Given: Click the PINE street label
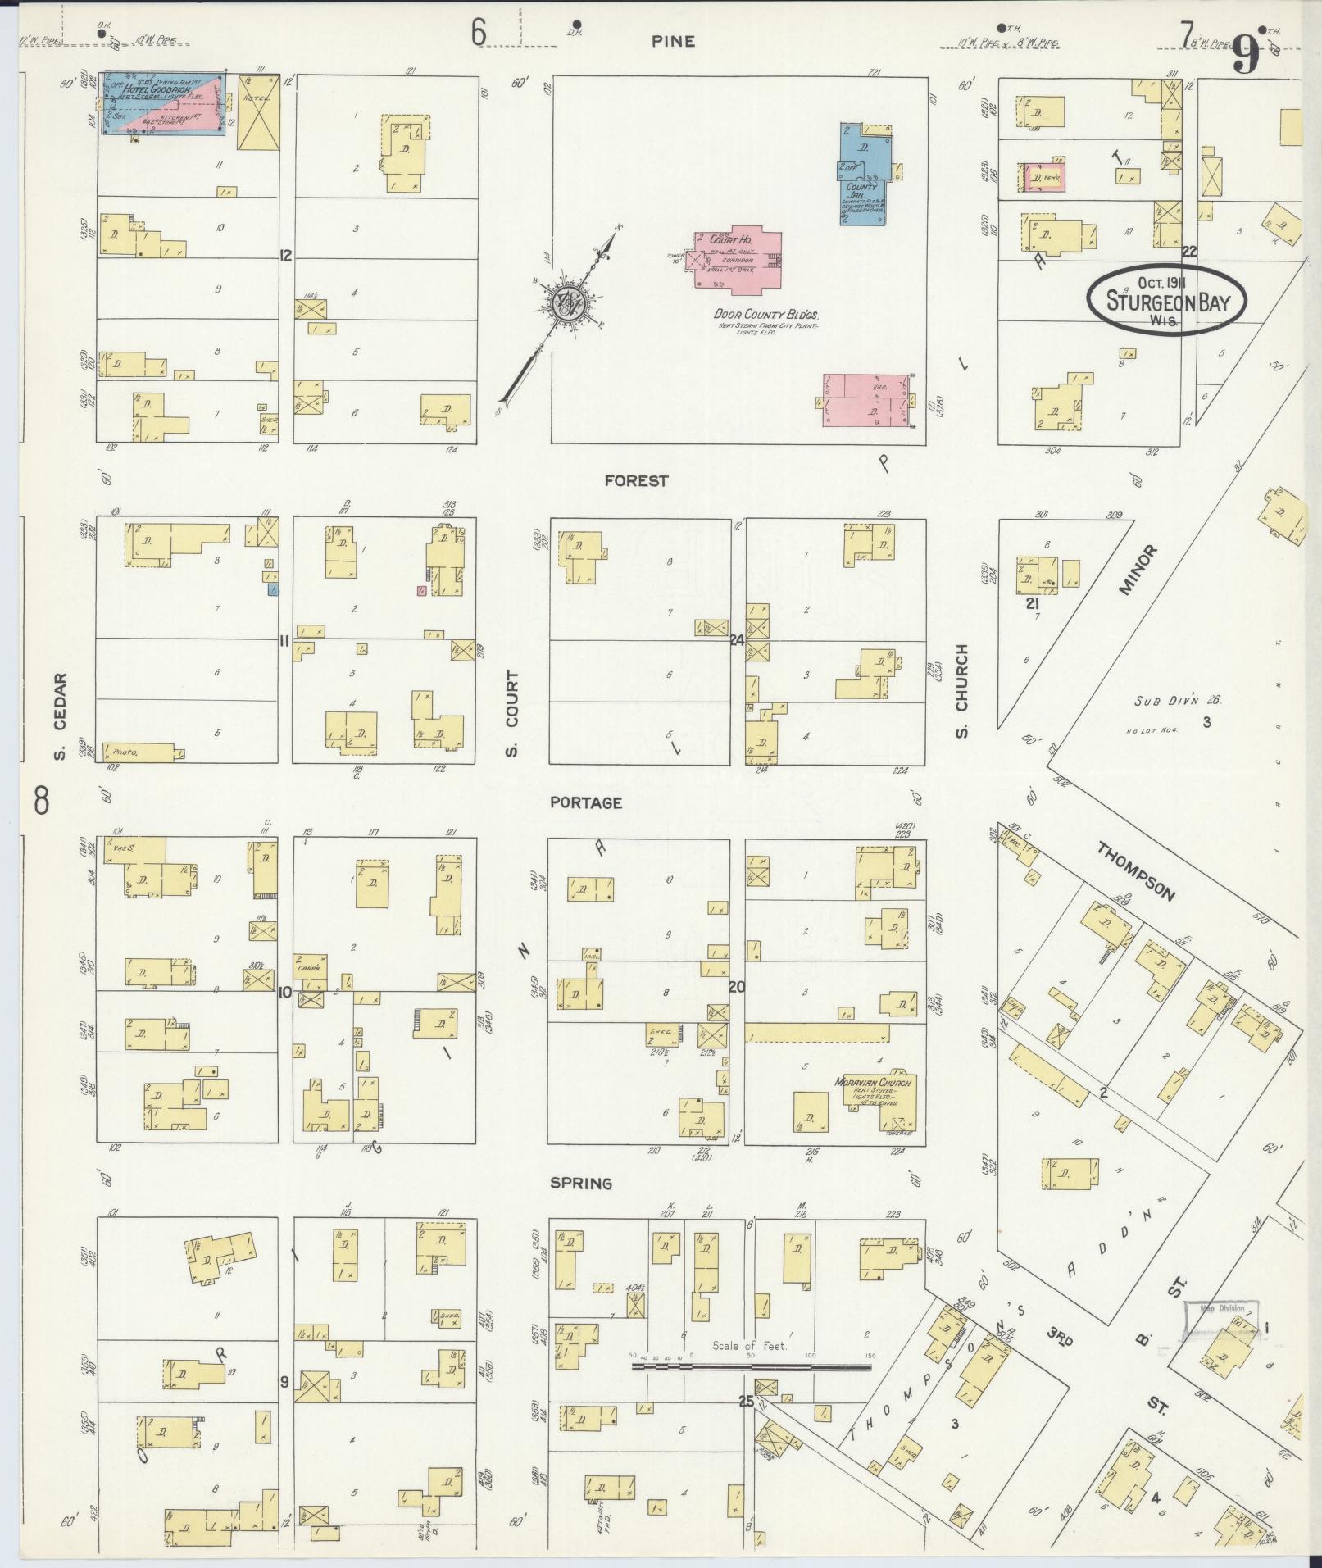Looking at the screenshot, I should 673,41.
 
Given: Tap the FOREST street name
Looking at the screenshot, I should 636,481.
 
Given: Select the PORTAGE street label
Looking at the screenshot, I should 586,803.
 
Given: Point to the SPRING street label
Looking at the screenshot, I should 581,1184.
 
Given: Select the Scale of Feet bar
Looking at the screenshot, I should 751,1366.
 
